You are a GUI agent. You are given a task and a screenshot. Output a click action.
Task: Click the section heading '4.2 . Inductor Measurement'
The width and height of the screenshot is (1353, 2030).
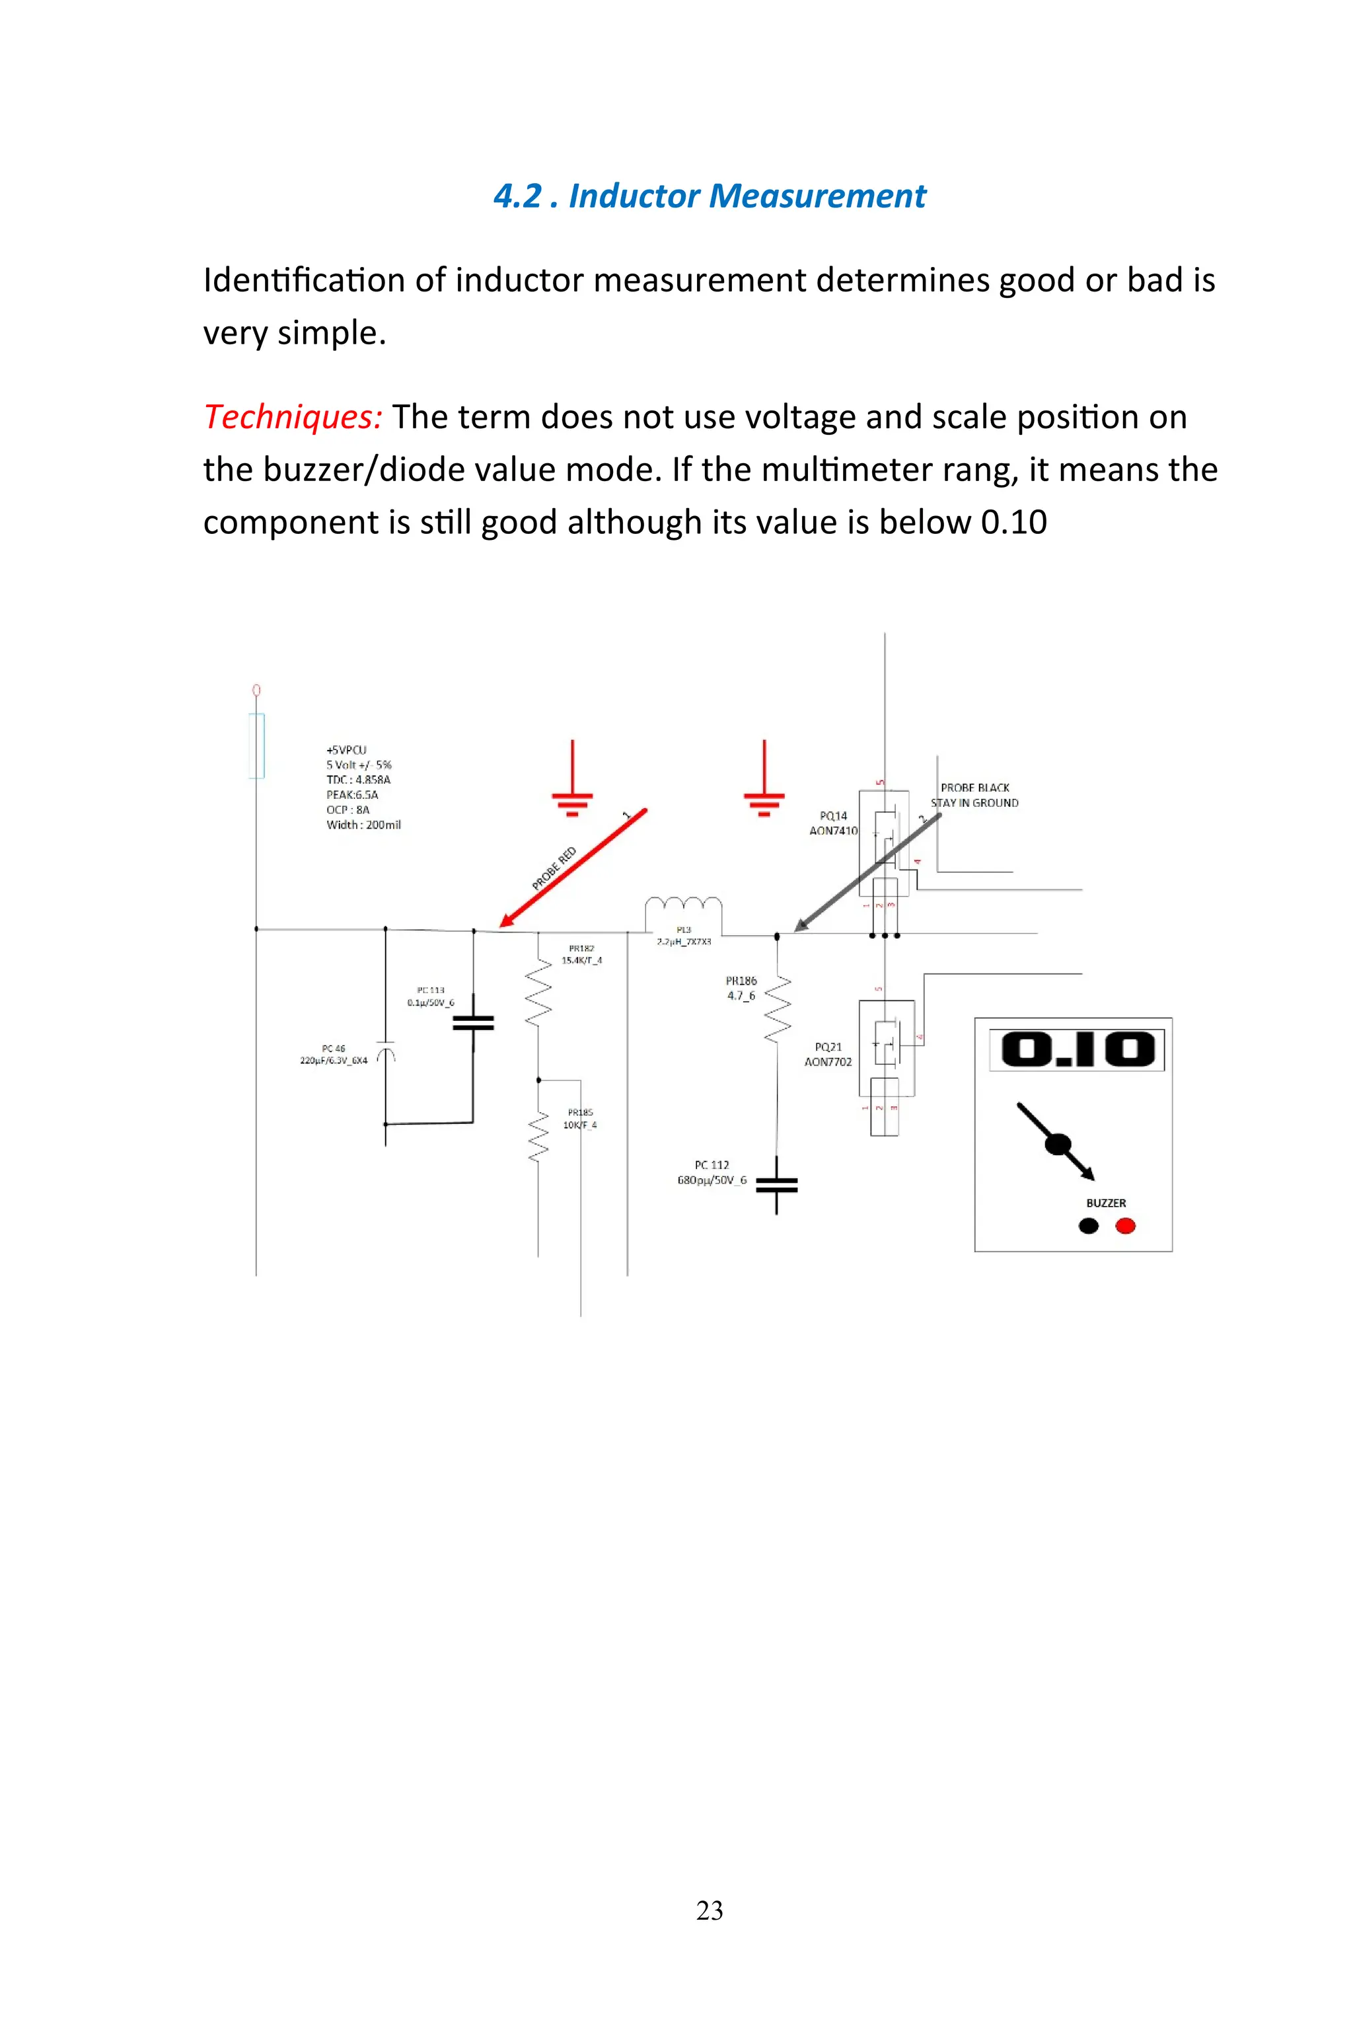coord(710,196)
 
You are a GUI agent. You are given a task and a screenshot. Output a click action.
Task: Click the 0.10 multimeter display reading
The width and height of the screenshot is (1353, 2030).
coord(1077,1049)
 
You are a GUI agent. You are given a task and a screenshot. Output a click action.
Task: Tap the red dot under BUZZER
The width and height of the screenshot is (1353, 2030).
coord(1125,1226)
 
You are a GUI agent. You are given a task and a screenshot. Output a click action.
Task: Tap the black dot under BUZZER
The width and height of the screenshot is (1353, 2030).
coord(1088,1226)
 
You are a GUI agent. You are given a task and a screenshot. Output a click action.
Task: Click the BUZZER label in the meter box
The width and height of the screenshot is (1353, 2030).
coord(1105,1202)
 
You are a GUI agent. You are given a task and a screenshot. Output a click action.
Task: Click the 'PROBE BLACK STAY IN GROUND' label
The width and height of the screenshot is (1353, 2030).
coord(974,795)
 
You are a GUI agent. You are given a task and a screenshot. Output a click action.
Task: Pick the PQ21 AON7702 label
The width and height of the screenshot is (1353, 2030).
coord(828,1054)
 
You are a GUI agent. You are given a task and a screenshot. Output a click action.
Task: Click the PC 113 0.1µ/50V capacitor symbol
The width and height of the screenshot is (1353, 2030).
coord(473,1023)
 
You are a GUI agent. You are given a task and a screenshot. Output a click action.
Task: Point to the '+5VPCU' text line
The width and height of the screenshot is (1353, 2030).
coord(346,749)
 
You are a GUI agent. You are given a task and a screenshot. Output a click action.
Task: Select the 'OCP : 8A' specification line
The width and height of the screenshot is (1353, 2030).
coord(347,809)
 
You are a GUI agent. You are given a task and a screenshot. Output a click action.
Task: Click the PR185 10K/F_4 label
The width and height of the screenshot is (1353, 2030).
coord(580,1119)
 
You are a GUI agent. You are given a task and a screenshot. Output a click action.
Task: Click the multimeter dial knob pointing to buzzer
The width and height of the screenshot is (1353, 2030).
coord(1057,1145)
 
